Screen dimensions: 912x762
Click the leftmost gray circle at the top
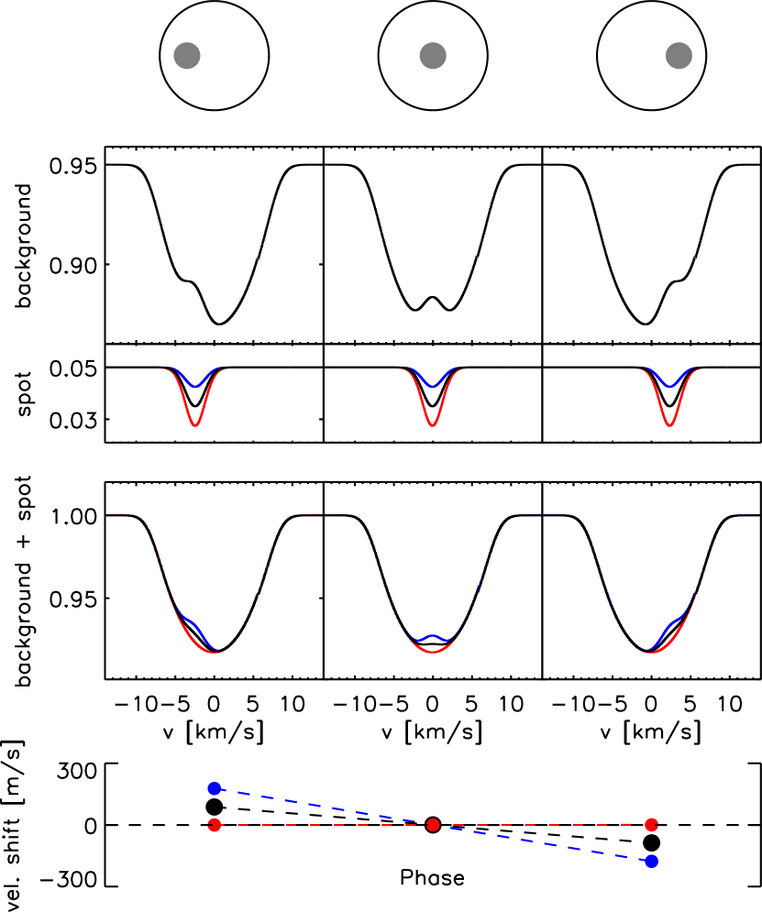point(187,56)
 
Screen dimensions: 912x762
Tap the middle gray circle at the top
point(433,56)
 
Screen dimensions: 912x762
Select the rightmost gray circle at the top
point(679,56)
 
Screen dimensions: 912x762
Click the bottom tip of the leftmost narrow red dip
point(194,424)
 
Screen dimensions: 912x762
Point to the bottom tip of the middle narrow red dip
point(432,424)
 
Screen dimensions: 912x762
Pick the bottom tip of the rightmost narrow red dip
point(669,424)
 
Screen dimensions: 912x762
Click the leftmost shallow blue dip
point(194,384)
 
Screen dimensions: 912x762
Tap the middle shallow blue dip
point(432,384)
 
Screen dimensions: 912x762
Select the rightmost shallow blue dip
point(670,384)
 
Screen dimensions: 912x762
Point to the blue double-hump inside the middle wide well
point(433,637)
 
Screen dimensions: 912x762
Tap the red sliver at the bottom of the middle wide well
point(433,647)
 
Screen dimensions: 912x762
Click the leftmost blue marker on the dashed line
point(215,788)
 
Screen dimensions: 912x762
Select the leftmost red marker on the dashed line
point(215,825)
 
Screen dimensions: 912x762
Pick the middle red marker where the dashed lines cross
point(433,825)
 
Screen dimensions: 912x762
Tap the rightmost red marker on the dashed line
point(651,825)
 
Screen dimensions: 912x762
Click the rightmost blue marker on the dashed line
point(651,861)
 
